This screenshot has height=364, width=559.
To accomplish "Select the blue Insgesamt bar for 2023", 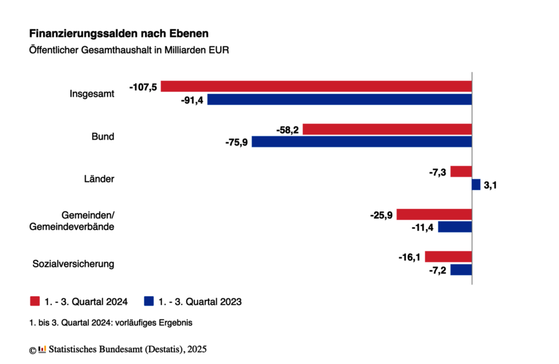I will (x=339, y=99).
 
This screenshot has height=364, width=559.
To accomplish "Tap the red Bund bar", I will (x=387, y=129).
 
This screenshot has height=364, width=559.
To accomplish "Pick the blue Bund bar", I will (x=361, y=142).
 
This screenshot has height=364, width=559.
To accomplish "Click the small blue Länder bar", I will (x=476, y=184).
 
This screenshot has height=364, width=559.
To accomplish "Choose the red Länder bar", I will (x=461, y=171).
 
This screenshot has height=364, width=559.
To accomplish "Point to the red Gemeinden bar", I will (x=434, y=214).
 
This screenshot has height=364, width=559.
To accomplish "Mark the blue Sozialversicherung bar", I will (x=461, y=270).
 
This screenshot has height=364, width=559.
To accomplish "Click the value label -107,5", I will (x=143, y=87).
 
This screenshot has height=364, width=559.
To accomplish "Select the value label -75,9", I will (x=237, y=142).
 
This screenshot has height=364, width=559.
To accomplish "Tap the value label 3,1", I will (x=491, y=185).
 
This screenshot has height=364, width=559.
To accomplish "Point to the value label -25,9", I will (x=382, y=214).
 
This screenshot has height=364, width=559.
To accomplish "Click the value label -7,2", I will (x=437, y=270).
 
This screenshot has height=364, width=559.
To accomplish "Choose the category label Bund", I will (x=103, y=136).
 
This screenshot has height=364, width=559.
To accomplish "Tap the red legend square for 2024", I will (x=35, y=301).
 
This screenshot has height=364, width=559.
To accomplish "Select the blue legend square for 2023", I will (x=148, y=301).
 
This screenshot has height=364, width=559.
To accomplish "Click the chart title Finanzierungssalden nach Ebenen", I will (x=118, y=34).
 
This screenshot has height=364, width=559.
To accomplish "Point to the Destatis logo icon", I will (x=43, y=349).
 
